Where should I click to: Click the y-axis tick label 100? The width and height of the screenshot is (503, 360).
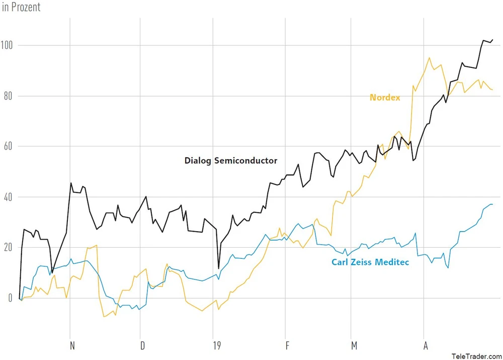pyautogui.click(x=8, y=45)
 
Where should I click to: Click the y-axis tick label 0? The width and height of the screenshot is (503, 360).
pyautogui.click(x=9, y=298)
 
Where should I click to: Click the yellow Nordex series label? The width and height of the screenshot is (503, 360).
pyautogui.click(x=385, y=98)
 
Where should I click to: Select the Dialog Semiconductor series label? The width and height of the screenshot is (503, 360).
pyautogui.click(x=231, y=161)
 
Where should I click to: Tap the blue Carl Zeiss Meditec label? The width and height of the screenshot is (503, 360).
pyautogui.click(x=370, y=262)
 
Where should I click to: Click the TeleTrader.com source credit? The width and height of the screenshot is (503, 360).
pyautogui.click(x=476, y=355)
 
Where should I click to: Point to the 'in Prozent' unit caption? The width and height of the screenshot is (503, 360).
pyautogui.click(x=22, y=8)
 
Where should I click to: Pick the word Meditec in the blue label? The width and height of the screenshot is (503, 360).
pyautogui.click(x=392, y=262)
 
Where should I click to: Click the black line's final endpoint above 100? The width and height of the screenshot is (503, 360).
pyautogui.click(x=492, y=40)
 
